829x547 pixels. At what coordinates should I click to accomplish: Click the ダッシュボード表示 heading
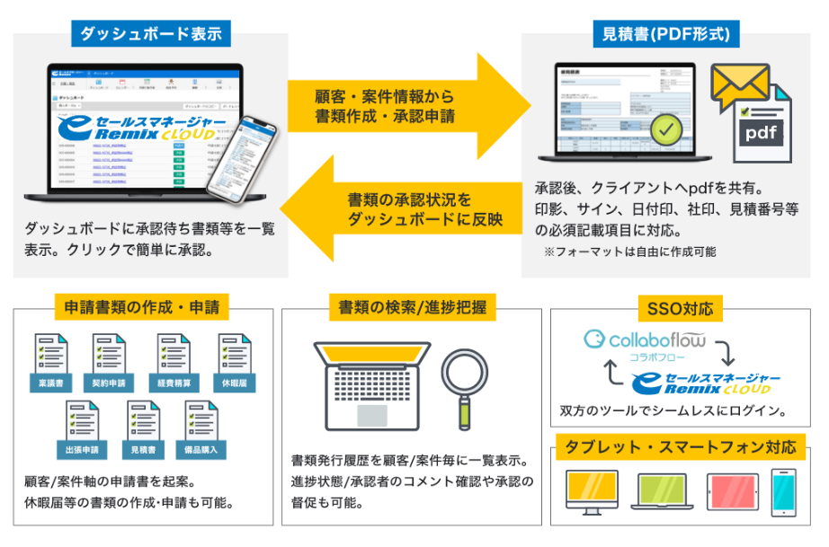151,34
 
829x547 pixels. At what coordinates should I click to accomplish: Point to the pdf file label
762,133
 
